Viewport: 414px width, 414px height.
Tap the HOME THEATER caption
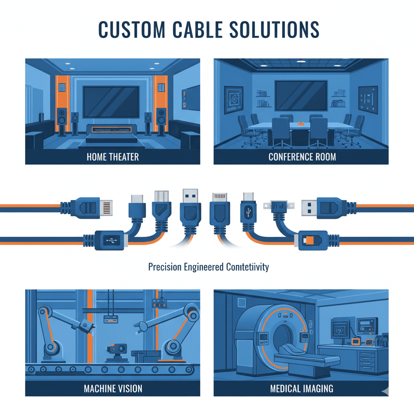tap(112, 156)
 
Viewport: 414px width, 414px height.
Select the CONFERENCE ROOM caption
tap(302, 156)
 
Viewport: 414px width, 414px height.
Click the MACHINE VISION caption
tap(113, 389)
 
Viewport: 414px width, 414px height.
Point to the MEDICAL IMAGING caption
tap(302, 389)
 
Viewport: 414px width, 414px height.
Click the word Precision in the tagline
tap(165, 267)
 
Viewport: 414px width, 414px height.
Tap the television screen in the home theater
tap(113, 101)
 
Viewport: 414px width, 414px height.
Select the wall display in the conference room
tap(301, 95)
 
